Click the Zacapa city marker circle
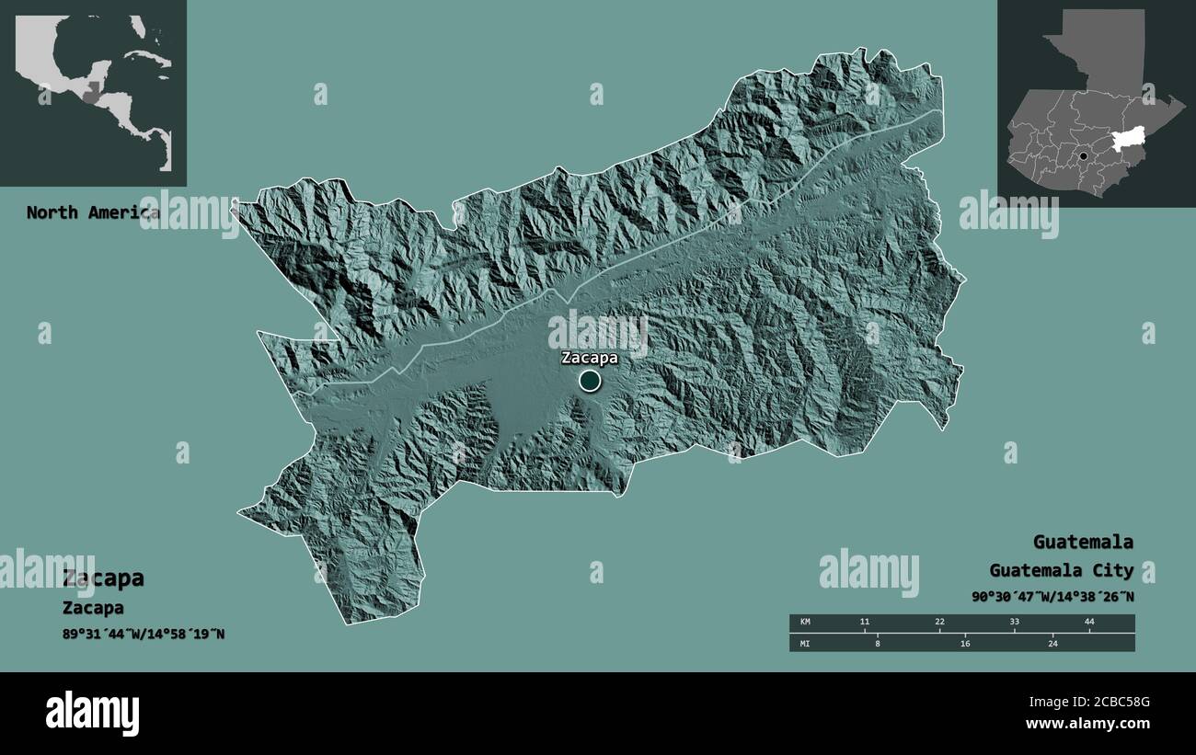click(x=590, y=380)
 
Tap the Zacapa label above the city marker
click(x=590, y=358)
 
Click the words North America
click(x=92, y=212)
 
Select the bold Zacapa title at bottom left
click(x=103, y=578)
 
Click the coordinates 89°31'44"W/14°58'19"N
click(x=144, y=635)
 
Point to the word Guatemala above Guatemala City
click(x=1083, y=542)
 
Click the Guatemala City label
click(x=1062, y=570)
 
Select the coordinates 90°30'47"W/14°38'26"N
click(x=1052, y=597)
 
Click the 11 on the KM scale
click(x=864, y=623)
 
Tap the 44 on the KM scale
click(x=1089, y=623)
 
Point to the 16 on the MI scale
click(x=965, y=644)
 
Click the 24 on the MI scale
click(x=1053, y=644)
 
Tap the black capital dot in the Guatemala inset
click(x=1084, y=156)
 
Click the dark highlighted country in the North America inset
click(x=90, y=92)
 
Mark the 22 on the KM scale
click(x=939, y=623)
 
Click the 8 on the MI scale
click(x=878, y=644)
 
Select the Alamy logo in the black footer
click(x=92, y=714)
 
